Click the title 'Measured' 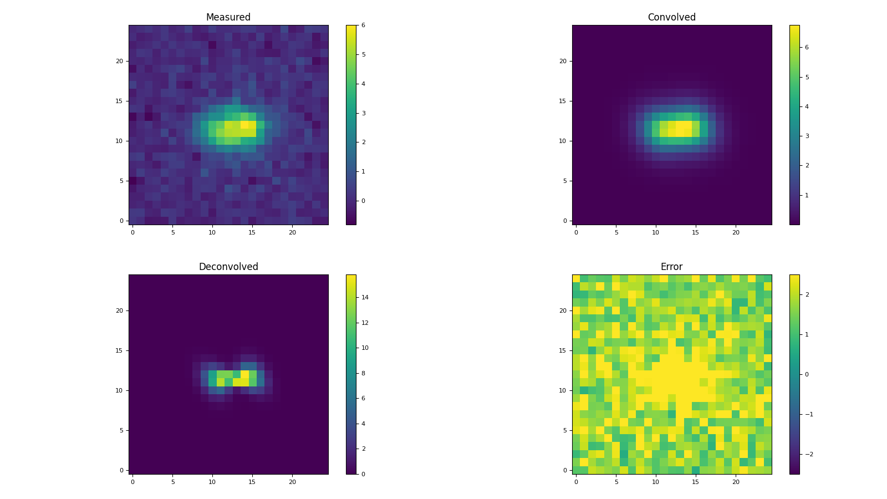(x=228, y=17)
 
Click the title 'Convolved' (x=671, y=17)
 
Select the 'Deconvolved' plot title (x=228, y=267)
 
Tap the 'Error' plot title (x=671, y=267)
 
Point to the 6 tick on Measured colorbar (x=363, y=26)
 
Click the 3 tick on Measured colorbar (x=363, y=113)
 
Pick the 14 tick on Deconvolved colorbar (x=365, y=297)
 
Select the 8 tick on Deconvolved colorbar (x=363, y=373)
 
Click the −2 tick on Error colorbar (x=809, y=454)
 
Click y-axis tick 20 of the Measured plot (x=119, y=61)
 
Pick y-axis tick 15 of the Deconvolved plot (x=119, y=350)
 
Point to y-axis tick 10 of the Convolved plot (x=563, y=141)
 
